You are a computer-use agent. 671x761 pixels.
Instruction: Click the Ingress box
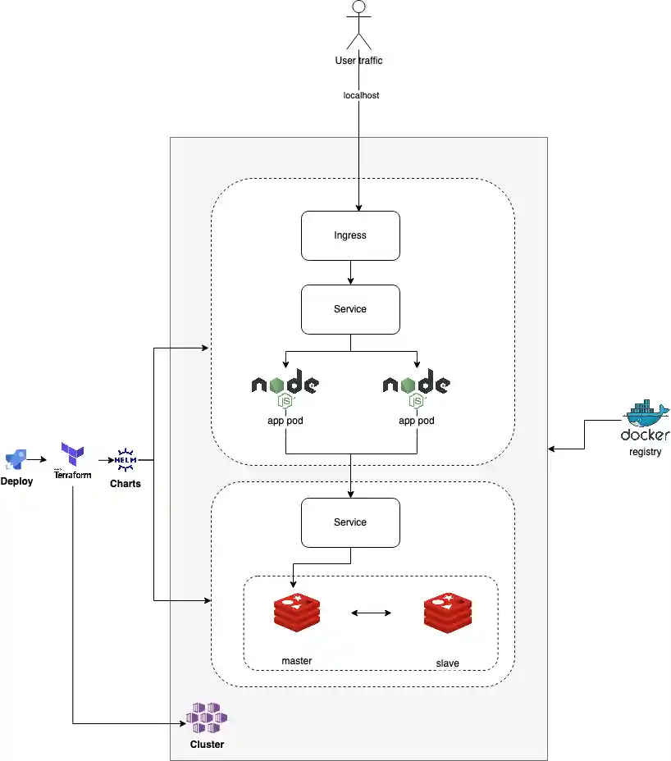350,235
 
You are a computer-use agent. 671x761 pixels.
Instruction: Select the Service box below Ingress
350,309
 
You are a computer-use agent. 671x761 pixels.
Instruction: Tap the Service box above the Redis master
350,522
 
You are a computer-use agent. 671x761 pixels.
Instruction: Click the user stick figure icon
358,25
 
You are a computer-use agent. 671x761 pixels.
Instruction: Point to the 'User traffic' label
358,60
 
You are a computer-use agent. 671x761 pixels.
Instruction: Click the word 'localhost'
361,95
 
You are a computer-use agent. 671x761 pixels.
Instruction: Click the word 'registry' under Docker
646,452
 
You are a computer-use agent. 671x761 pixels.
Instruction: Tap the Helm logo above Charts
126,459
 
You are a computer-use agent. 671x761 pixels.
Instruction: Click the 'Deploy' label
16,481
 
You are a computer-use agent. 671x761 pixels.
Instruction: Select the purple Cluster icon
207,718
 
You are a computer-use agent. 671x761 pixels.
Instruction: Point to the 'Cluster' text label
207,745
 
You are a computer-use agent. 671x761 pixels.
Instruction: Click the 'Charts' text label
126,484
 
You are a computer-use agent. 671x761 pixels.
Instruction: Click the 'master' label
296,660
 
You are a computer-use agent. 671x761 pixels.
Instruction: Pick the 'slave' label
447,663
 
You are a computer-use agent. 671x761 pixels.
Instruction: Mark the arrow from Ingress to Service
350,271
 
